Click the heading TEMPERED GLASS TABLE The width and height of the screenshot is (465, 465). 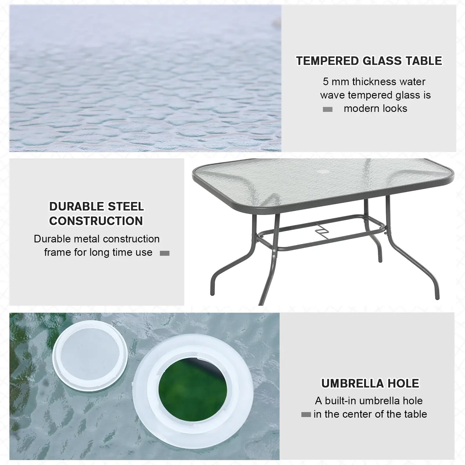coord(369,61)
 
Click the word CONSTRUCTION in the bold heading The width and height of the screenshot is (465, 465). coord(96,221)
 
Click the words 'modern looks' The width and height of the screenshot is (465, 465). coord(375,109)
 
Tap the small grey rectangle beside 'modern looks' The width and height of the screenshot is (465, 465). coord(328,110)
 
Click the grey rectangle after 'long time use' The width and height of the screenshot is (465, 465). coord(164,253)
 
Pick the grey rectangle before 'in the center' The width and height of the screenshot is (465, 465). coord(306,415)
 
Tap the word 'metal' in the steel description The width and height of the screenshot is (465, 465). coord(87,239)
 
